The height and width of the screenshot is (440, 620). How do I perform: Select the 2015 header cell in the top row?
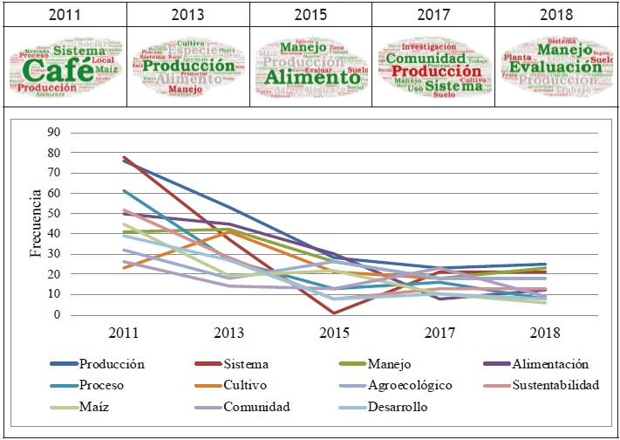[310, 14]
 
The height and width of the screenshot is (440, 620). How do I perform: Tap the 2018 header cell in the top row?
[556, 14]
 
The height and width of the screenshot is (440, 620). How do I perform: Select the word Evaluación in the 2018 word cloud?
[555, 66]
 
